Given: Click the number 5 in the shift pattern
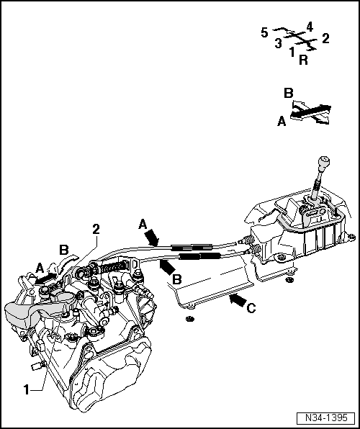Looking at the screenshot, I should pos(264,33).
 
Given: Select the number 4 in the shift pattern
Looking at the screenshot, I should pos(309,27).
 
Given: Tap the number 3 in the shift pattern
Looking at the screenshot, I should pos(278,43).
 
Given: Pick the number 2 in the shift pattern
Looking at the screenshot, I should pos(325,39).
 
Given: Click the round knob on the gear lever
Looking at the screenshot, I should pos(325,160).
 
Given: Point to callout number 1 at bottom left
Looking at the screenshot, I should pos(26,389).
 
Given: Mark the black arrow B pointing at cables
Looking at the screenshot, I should pos(167,267).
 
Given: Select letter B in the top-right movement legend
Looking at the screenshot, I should pos(288,94).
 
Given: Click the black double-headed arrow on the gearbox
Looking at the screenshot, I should pos(45,276).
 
